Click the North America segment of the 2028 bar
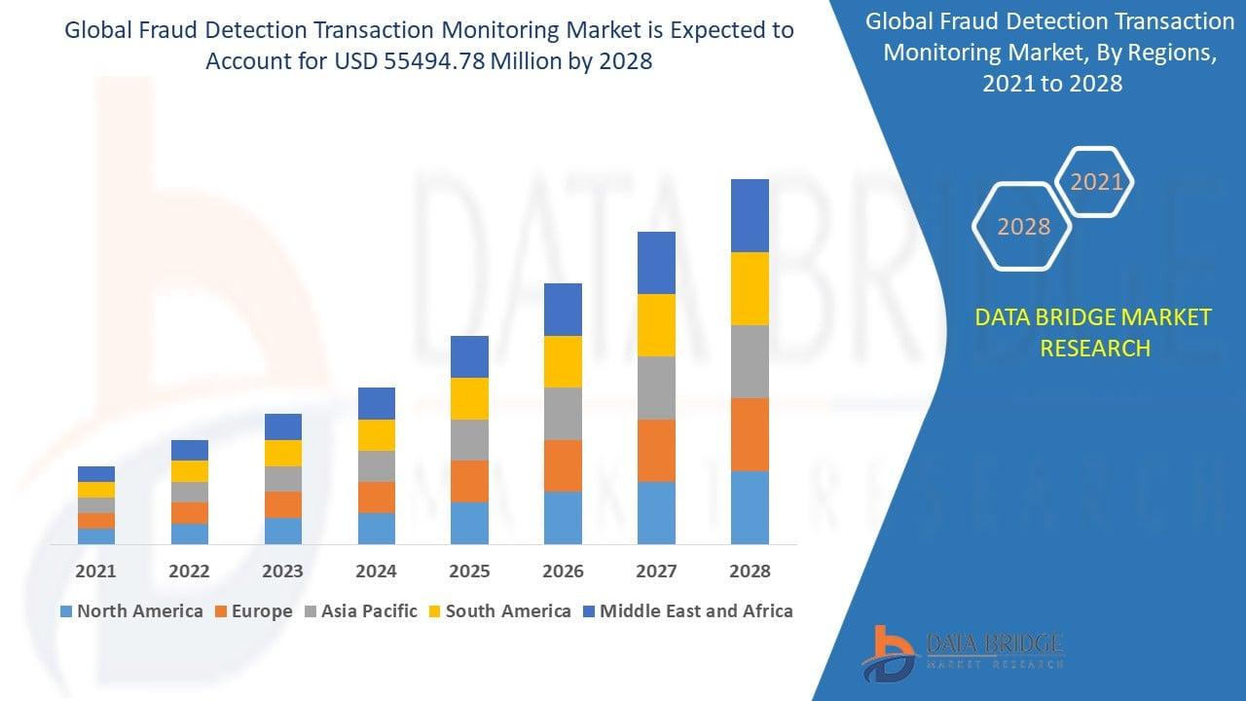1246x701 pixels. pos(750,507)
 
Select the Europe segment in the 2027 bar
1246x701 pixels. pos(656,450)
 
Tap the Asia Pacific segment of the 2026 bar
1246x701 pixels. pos(563,414)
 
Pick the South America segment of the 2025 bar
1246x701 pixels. pos(469,398)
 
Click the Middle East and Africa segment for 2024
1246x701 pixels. pos(377,403)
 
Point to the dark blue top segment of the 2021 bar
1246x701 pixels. pos(96,474)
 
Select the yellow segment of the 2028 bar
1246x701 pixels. pos(750,288)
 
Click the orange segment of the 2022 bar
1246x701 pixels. pos(190,513)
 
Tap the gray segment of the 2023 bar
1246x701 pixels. pos(283,479)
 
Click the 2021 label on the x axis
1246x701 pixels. pos(96,572)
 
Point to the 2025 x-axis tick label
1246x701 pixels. pos(469,572)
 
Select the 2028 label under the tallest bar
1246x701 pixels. pos(750,572)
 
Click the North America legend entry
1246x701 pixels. pos(131,611)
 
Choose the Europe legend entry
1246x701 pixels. pos(252,611)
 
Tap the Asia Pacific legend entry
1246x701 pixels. pos(360,611)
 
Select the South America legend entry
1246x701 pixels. pos(498,611)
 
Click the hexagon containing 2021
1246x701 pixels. pos(1096,182)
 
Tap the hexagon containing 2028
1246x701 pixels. pos(1023,226)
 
